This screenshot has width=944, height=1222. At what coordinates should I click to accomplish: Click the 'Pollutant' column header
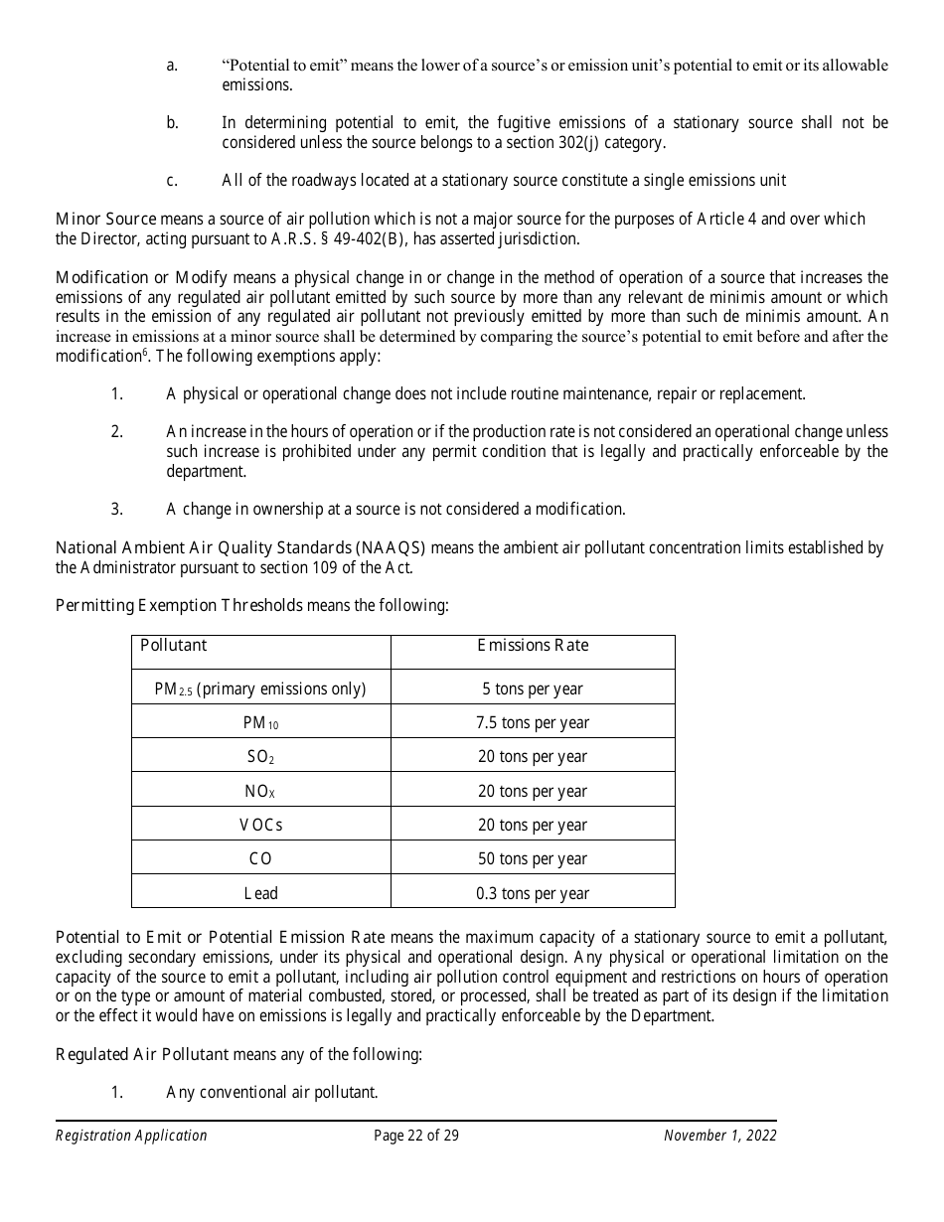coord(174,646)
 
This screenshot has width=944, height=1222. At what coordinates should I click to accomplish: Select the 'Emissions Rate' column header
coord(533,646)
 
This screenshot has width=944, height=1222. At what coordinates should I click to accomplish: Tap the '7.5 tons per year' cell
coord(533,722)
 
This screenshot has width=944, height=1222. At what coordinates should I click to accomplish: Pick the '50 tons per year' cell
coord(533,858)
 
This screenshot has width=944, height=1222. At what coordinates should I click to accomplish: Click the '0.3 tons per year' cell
coord(533,893)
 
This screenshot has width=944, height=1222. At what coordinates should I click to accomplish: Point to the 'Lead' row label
coord(261,893)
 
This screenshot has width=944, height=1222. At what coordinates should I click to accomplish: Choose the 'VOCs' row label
coord(261,825)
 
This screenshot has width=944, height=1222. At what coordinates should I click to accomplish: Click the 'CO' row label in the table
coord(261,858)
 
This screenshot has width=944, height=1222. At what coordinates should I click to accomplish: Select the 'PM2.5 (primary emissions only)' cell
coord(261,688)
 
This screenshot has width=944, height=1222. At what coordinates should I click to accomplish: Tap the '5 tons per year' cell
coord(533,688)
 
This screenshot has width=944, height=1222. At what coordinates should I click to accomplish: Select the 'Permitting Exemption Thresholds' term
coord(179,605)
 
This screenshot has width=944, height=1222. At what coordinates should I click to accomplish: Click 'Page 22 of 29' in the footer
coord(416,1136)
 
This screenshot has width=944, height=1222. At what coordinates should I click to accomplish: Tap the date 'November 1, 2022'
coord(720,1136)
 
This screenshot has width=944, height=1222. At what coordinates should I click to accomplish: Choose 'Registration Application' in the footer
coord(131,1136)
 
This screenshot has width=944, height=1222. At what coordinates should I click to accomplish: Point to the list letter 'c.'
coord(172,180)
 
